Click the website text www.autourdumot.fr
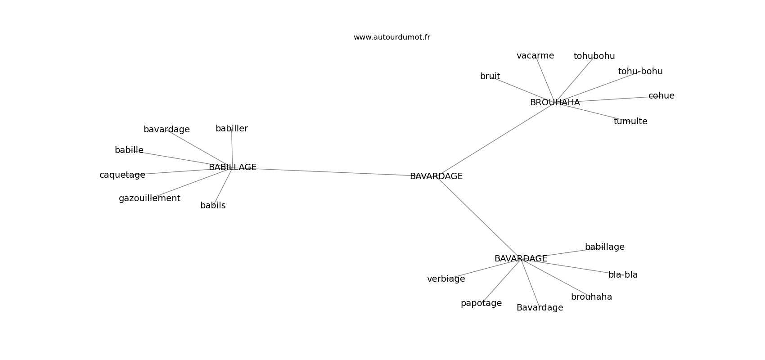(x=391, y=37)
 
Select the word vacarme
(x=535, y=56)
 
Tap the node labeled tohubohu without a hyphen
(x=594, y=56)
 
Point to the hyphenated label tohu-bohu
(x=640, y=72)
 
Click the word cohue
(x=661, y=96)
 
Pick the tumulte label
(x=630, y=121)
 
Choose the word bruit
(x=490, y=76)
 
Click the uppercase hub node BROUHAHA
(x=555, y=103)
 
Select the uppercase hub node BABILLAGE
(x=233, y=167)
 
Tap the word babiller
(x=232, y=128)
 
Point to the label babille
(x=129, y=150)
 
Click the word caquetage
(x=122, y=175)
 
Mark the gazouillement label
(x=149, y=198)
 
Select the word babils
(x=213, y=206)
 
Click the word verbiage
(x=446, y=279)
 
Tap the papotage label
(x=481, y=303)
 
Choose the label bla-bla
(x=623, y=274)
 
